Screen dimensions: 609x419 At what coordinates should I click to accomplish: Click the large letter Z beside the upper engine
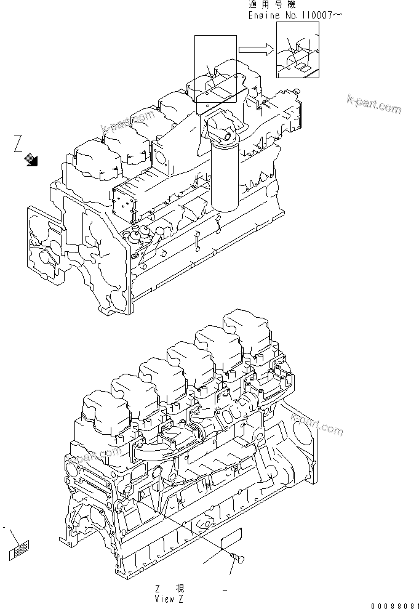pyautogui.click(x=19, y=145)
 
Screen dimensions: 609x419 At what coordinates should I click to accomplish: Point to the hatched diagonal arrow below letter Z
pyautogui.click(x=31, y=161)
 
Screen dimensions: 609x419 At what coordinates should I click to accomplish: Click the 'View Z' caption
pyautogui.click(x=170, y=597)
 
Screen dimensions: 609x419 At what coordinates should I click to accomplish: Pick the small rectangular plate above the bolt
pyautogui.click(x=231, y=537)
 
